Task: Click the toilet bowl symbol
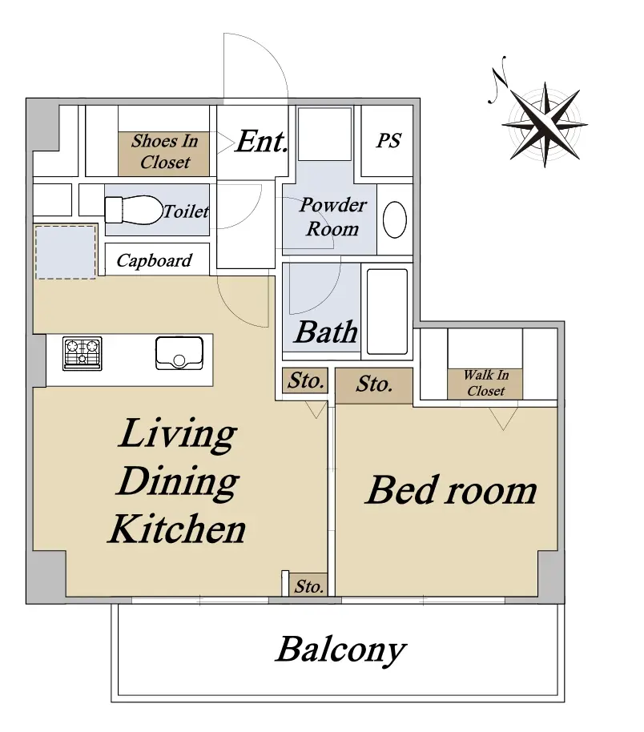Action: [x=133, y=210]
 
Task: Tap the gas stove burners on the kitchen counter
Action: [x=83, y=354]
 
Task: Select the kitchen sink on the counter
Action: [x=179, y=353]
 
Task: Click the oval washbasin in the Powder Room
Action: [x=395, y=219]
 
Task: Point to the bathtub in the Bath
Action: [x=387, y=312]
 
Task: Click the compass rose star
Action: [x=545, y=125]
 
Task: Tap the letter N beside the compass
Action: [x=498, y=79]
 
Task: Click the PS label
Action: [x=388, y=140]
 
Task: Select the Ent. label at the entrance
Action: [x=261, y=141]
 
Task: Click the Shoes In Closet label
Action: [x=165, y=151]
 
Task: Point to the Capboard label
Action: [x=154, y=260]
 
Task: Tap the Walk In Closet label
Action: [x=485, y=383]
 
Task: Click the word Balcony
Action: [x=341, y=650]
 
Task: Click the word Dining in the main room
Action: [x=178, y=483]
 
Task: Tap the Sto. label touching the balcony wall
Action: [x=308, y=586]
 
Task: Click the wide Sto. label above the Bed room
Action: [x=373, y=384]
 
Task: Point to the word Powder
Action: [x=333, y=205]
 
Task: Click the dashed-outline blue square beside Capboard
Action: [x=66, y=252]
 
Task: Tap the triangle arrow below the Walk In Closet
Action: [x=504, y=418]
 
